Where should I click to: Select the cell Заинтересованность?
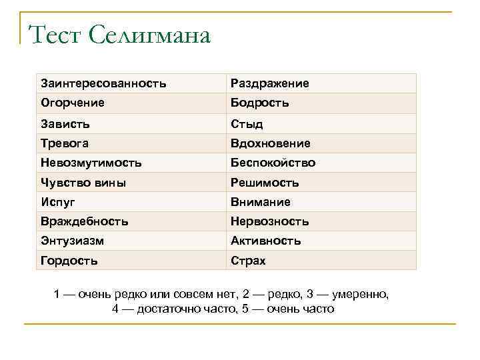[x=103, y=84]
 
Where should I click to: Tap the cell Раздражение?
[x=270, y=84]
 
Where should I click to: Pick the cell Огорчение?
[x=73, y=103]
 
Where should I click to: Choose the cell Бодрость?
[x=260, y=103]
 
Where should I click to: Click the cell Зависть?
[x=65, y=124]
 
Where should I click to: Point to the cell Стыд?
[x=247, y=124]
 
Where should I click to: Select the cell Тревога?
[x=65, y=143]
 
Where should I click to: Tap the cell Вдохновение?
[x=271, y=143]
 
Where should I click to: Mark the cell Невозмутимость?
[x=91, y=163]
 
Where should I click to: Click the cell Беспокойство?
[x=273, y=163]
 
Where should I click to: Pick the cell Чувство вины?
[x=83, y=183]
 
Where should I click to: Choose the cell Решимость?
[x=265, y=183]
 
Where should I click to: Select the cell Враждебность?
[x=85, y=221]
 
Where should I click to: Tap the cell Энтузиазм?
[x=73, y=241]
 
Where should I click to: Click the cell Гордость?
[x=69, y=261]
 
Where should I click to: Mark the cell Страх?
[x=248, y=261]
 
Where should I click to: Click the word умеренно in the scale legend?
[x=360, y=294]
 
